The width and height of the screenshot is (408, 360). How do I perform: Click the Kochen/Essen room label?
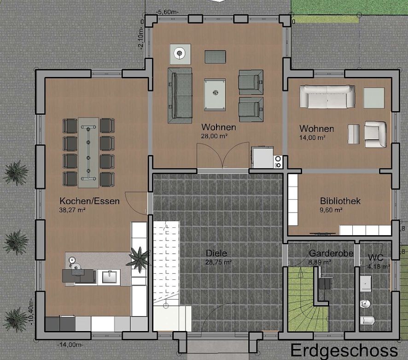(x=89, y=201)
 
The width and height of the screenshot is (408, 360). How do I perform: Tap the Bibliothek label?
(x=340, y=201)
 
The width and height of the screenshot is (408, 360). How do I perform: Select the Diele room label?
(x=217, y=253)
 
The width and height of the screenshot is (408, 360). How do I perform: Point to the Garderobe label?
(x=331, y=254)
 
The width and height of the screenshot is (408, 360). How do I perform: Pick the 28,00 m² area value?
(x=218, y=136)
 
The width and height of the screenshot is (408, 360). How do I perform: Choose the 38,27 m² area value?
(x=73, y=210)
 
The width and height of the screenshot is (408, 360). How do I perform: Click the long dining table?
(x=88, y=152)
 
